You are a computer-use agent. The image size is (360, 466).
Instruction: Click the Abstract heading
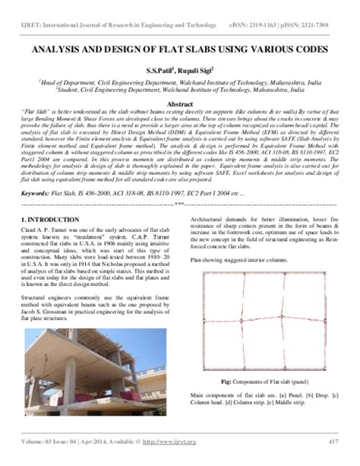[x=180, y=104]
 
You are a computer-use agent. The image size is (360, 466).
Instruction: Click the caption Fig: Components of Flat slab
[x=254, y=381]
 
